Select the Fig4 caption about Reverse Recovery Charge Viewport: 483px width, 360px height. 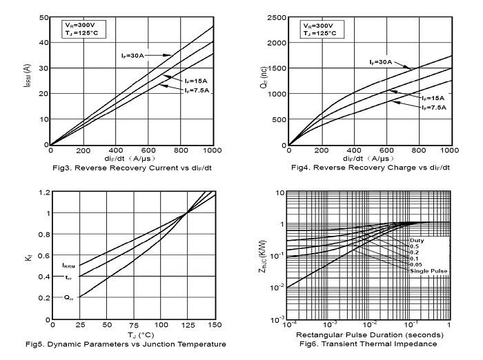(371, 168)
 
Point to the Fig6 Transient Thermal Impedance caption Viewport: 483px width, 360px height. (370, 343)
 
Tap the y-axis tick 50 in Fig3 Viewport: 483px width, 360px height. (43, 17)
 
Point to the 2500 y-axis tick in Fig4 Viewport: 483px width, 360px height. (275, 17)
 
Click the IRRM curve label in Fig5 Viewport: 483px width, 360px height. (68, 266)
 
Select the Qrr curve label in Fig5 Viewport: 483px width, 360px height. (68, 298)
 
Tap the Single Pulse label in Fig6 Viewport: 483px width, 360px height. (429, 271)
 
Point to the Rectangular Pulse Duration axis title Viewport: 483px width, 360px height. (370, 335)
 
